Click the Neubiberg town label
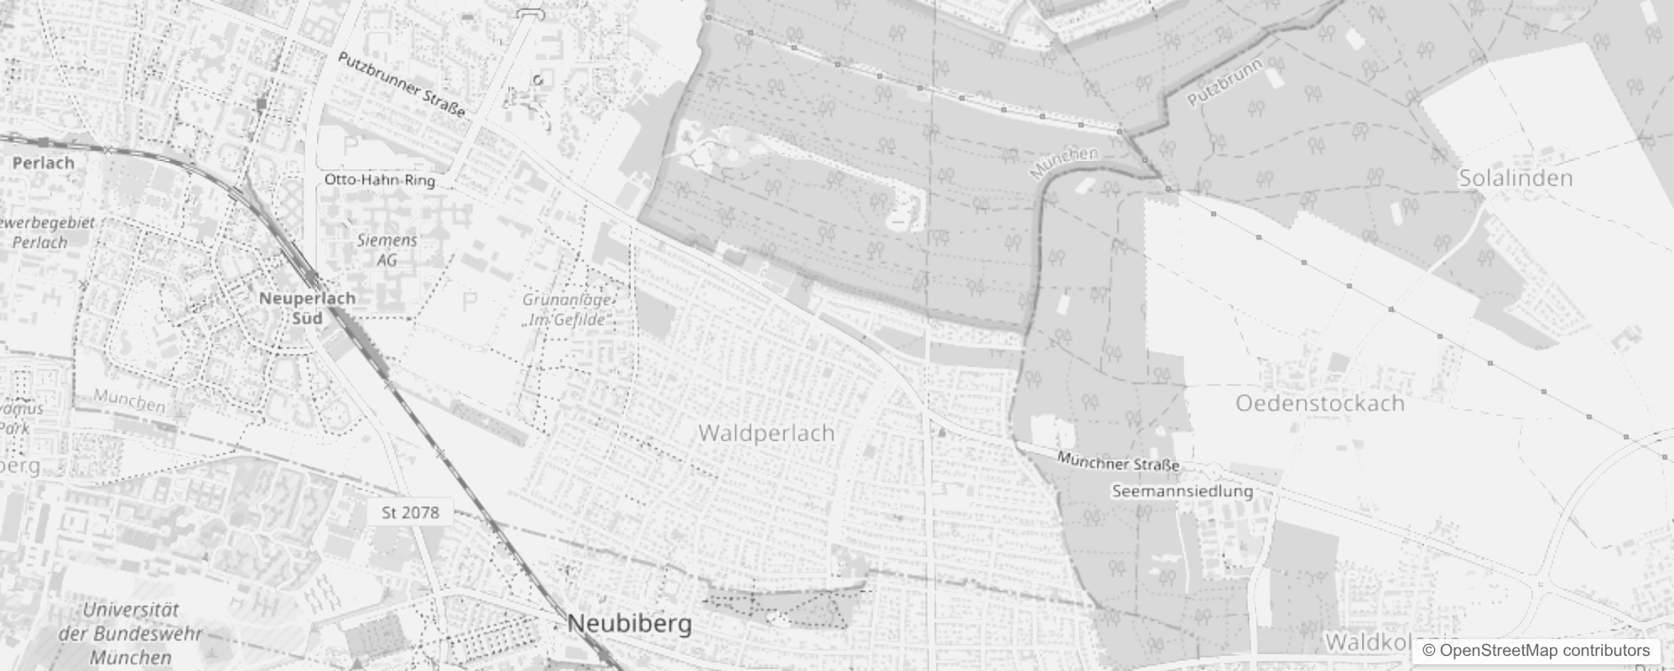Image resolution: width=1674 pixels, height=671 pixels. [x=630, y=623]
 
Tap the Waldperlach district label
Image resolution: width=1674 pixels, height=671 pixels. [x=766, y=433]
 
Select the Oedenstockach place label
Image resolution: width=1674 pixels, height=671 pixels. [x=1319, y=403]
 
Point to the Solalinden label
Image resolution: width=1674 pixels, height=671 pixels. [x=1515, y=178]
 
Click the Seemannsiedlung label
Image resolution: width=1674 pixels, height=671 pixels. [x=1182, y=491]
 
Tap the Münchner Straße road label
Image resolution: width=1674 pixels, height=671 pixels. [x=1117, y=461]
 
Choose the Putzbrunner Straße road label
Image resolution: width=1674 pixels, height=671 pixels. [x=401, y=84]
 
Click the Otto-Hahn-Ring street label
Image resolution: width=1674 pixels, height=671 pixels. [x=379, y=180]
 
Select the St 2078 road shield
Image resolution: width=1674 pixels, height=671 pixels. [x=410, y=512]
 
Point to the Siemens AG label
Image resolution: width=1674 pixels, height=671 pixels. [x=387, y=250]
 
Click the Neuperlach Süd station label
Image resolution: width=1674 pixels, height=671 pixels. [x=307, y=308]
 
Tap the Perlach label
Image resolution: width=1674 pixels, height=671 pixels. [x=44, y=163]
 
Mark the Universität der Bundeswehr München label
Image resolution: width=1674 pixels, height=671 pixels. [x=131, y=633]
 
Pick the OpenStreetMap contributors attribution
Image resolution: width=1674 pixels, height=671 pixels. [x=1535, y=651]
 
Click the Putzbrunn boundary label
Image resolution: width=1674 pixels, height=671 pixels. [x=1225, y=86]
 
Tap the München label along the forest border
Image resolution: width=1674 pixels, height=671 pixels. [x=1063, y=163]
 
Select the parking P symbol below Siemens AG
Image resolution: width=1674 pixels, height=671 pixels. [x=470, y=301]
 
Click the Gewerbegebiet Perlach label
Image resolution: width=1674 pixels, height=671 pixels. [x=49, y=232]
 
